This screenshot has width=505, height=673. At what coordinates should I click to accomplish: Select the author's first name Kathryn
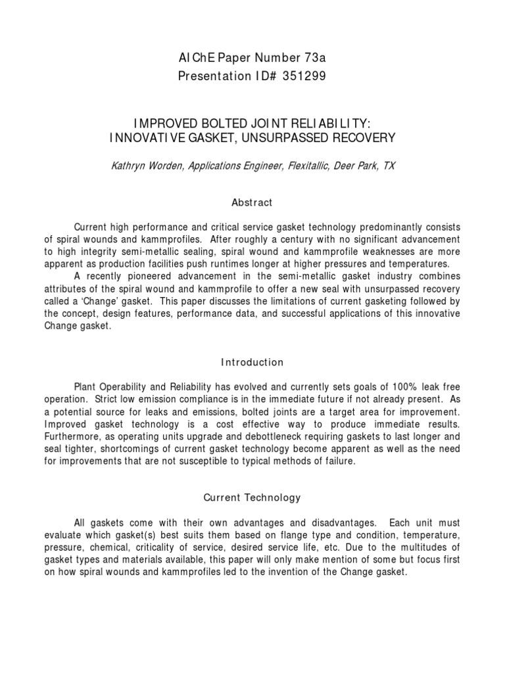pyautogui.click(x=129, y=167)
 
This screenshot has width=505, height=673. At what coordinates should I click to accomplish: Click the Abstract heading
pyautogui.click(x=252, y=203)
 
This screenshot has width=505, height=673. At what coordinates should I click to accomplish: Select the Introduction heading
pyautogui.click(x=252, y=362)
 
